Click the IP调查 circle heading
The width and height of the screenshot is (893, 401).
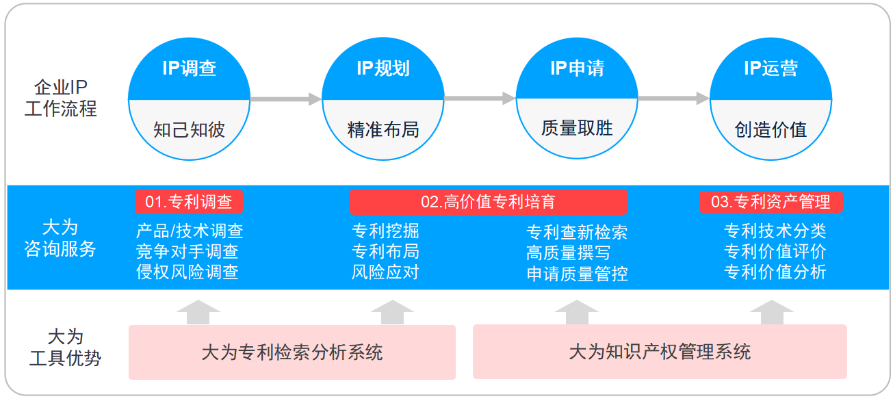[189, 68]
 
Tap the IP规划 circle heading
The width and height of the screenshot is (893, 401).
[383, 68]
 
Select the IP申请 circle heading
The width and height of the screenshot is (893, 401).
[577, 68]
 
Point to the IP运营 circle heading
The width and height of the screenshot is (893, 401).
[771, 68]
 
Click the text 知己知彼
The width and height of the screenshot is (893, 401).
[189, 130]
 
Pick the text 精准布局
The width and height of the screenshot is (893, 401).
[383, 130]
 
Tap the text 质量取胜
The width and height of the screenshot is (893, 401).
[577, 128]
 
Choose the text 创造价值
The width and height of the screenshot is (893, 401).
[771, 130]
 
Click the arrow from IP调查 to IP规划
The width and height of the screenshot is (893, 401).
[285, 99]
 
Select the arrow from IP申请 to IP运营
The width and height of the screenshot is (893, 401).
[673, 99]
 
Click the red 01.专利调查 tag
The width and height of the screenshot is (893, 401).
[189, 202]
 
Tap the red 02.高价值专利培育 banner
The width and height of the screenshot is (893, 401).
[488, 202]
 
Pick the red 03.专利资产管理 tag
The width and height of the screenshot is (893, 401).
[771, 202]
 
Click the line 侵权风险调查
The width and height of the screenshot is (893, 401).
[187, 272]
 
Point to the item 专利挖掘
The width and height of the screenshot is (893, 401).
[385, 231]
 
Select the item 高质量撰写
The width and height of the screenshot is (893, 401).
[569, 253]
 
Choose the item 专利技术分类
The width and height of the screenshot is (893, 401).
[775, 231]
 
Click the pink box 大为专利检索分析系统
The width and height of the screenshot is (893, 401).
[292, 352]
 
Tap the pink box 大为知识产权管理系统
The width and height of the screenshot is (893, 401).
[660, 352]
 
